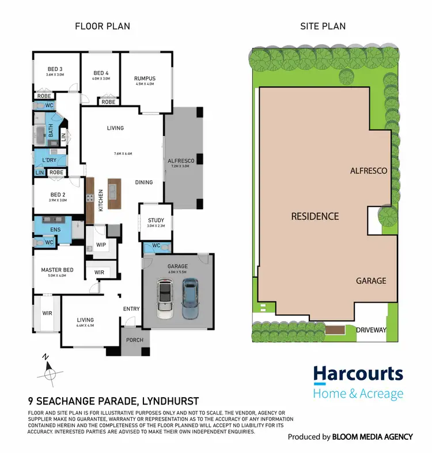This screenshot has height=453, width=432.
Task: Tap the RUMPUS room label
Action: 145,79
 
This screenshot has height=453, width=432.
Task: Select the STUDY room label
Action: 156,220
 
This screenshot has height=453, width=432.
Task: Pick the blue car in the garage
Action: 190,299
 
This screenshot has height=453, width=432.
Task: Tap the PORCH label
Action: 135,340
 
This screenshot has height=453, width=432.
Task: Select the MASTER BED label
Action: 56,270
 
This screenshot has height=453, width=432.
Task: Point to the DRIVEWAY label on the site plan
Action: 371,330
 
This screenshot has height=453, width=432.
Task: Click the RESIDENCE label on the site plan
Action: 314,216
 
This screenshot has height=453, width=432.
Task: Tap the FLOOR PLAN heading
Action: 103,26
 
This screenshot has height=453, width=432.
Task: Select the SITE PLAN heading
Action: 323,26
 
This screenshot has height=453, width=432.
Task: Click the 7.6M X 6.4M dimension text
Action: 123,154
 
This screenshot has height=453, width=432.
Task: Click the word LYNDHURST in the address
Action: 172,401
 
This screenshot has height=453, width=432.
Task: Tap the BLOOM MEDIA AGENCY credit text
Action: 372,437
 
